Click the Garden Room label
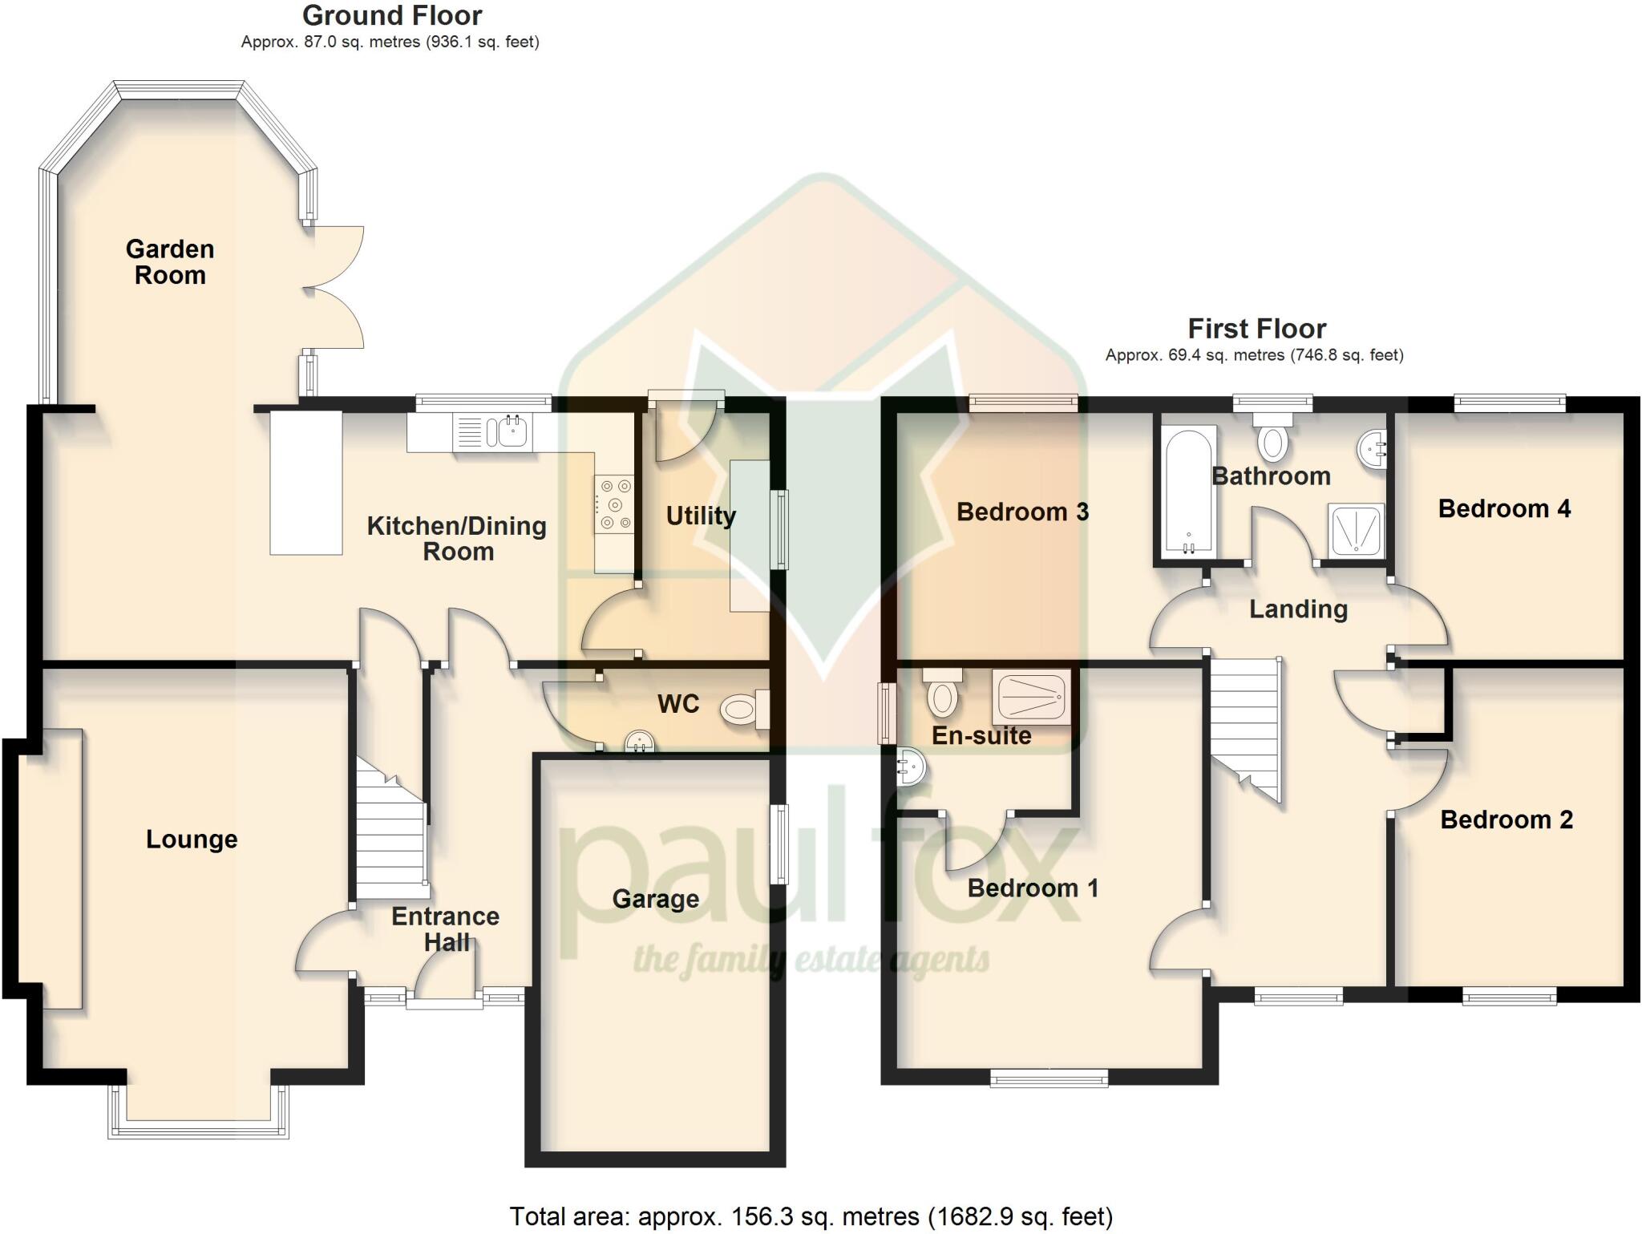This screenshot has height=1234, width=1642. coord(170,262)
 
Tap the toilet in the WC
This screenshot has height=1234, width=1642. coord(742,710)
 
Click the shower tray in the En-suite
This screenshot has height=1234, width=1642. coord(1032,696)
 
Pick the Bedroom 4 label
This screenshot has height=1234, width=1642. coord(1504,508)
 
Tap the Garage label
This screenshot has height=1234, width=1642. coord(655,899)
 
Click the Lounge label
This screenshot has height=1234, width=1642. coord(192,839)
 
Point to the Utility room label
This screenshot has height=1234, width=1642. coord(701,516)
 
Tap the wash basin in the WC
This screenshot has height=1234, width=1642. coord(639,742)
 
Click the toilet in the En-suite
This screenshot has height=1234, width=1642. coord(942,694)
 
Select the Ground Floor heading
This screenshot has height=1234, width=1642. coord(392,15)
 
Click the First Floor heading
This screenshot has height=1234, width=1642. coord(1256,329)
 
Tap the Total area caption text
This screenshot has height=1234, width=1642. coord(811,1216)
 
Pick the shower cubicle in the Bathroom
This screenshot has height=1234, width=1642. coord(1356,530)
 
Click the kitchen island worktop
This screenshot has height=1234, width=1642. coord(306,483)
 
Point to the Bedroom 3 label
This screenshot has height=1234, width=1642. coord(1022,512)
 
